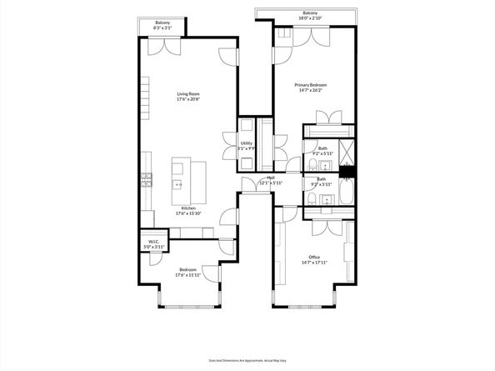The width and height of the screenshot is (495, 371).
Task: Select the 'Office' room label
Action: coord(314,257)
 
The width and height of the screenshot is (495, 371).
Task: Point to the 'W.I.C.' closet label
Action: coord(152,243)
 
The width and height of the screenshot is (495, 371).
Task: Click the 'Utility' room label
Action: coord(247,143)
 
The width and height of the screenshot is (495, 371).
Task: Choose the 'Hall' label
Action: coord(271,178)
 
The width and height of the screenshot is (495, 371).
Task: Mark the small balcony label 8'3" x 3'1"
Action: coord(163,28)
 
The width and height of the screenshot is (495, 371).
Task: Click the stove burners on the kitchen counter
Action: coord(147,177)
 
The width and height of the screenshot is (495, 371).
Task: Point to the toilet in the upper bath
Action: coord(306,164)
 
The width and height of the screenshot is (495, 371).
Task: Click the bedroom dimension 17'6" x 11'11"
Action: coord(187,276)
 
